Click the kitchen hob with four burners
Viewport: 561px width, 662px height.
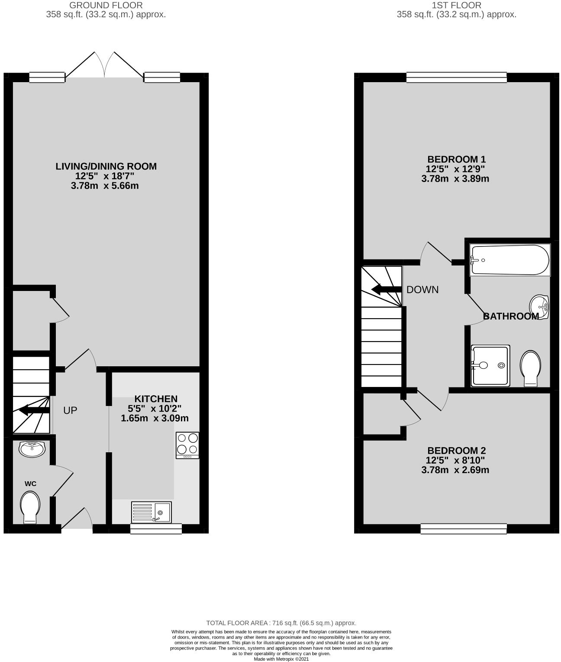pyautogui.click(x=187, y=445)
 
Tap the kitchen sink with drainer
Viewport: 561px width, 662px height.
pyautogui.click(x=152, y=512)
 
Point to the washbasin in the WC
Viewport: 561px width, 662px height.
pyautogui.click(x=32, y=449)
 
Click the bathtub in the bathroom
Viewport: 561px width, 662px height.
pyautogui.click(x=510, y=260)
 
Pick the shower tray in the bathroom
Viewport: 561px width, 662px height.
pyautogui.click(x=490, y=365)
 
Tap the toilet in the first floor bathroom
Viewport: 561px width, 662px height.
pyautogui.click(x=531, y=368)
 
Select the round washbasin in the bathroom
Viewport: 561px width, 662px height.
pyautogui.click(x=539, y=307)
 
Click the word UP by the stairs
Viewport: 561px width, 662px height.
pyautogui.click(x=70, y=410)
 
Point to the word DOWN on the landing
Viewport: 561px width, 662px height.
pyautogui.click(x=422, y=290)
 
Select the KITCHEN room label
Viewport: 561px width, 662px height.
pyautogui.click(x=156, y=399)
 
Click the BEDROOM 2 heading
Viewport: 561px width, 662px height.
pyautogui.click(x=457, y=451)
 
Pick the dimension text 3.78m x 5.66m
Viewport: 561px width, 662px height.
pyautogui.click(x=105, y=186)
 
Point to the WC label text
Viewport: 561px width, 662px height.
pyautogui.click(x=30, y=483)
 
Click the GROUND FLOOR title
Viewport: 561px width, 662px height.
pyautogui.click(x=106, y=6)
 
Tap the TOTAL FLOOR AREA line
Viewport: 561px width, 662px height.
pyautogui.click(x=281, y=623)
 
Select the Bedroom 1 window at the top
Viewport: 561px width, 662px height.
pyautogui.click(x=457, y=77)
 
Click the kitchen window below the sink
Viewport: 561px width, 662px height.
pyautogui.click(x=156, y=529)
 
